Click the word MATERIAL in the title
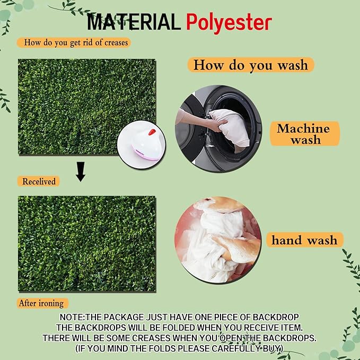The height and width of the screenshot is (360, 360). coord(134,22)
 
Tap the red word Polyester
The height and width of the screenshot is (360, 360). coord(229,23)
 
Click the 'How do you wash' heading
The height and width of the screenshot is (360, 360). coord(251,65)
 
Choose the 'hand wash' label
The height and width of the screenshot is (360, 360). coord(305,240)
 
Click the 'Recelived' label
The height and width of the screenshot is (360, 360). coord(39,181)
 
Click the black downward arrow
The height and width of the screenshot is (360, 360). coord(81,172)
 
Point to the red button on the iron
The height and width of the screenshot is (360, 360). coord(152,132)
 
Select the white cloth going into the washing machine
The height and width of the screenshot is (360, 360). coord(231,128)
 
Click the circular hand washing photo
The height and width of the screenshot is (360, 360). coord(218,240)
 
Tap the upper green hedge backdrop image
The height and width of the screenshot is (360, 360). coord(87,107)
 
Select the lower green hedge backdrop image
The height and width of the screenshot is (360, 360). coord(87,244)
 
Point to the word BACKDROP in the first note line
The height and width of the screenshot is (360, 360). coord(276,317)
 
